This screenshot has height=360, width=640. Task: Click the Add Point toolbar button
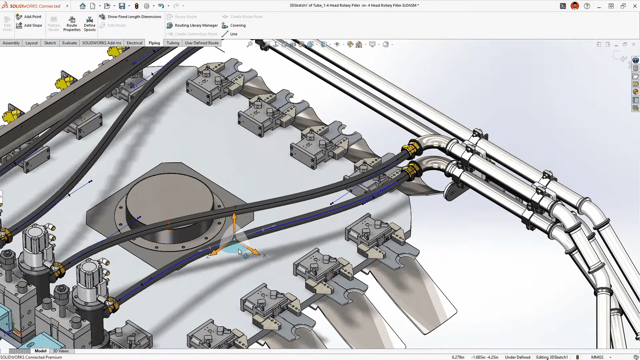pyautogui.click(x=29, y=17)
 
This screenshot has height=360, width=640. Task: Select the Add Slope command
pyautogui.click(x=29, y=26)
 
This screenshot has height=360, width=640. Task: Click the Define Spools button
pyautogui.click(x=90, y=23)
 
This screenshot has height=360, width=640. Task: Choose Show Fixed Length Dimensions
pyautogui.click(x=130, y=17)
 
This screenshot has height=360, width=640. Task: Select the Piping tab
pyautogui.click(x=154, y=44)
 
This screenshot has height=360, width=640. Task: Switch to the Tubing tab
pyautogui.click(x=172, y=44)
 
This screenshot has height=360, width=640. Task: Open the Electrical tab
pyautogui.click(x=134, y=44)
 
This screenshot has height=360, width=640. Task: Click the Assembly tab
pyautogui.click(x=11, y=44)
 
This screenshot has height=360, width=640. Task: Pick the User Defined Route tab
pyautogui.click(x=201, y=44)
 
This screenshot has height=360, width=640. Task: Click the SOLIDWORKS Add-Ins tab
pyautogui.click(x=101, y=44)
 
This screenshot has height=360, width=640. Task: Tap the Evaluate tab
pyautogui.click(x=70, y=44)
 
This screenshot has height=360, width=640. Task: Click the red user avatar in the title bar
pyautogui.click(x=575, y=6)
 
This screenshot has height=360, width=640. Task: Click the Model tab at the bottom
pyautogui.click(x=40, y=351)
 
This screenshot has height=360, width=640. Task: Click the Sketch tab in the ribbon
pyautogui.click(x=50, y=44)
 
